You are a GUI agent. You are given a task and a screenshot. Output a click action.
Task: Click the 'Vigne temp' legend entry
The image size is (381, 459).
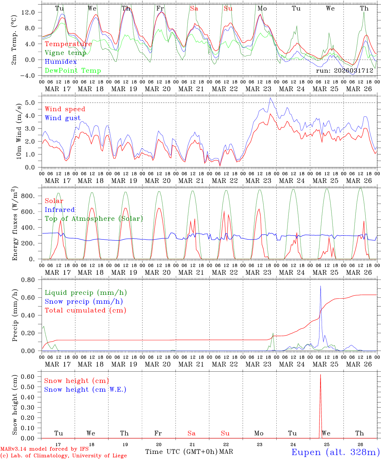tap(65, 53)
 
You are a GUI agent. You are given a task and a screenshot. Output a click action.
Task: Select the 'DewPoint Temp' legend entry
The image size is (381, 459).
tap(73, 71)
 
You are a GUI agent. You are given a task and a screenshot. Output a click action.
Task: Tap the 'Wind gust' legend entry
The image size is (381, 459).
tap(63, 118)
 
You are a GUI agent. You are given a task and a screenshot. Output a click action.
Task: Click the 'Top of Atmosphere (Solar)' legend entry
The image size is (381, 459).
tap(94, 219)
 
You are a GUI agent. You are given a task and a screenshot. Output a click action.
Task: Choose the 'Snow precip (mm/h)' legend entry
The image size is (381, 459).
tap(84, 302)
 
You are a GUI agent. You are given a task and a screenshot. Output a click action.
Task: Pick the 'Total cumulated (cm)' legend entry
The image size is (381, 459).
tap(85, 310)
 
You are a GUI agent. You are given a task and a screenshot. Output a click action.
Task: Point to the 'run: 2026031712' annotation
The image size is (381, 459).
tap(344, 71)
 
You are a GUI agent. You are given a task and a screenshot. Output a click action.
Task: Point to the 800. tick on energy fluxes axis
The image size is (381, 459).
tap(31, 196)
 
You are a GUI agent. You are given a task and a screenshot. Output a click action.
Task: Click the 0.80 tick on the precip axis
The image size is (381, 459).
tap(31, 280)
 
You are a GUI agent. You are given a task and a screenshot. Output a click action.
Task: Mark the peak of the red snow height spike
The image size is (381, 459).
tap(320, 375)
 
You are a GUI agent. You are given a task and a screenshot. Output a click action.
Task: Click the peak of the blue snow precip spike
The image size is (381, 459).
tap(320, 286)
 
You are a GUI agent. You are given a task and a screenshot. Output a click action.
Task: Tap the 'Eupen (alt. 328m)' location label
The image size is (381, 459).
tap(335, 452)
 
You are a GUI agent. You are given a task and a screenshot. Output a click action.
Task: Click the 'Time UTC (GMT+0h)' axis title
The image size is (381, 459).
tap(181, 452)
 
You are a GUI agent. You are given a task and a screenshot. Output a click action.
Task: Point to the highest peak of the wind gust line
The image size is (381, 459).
tap(270, 98)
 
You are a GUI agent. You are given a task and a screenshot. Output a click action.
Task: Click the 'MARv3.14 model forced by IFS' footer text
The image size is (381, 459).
tap(44, 449)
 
